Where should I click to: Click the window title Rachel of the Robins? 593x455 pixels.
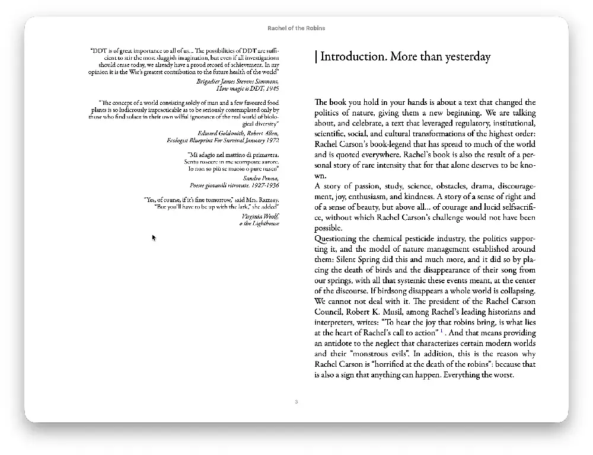(296, 28)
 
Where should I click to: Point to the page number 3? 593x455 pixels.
(296, 402)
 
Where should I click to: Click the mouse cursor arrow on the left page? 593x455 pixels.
(154, 238)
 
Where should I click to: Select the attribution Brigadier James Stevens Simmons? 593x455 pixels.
(238, 81)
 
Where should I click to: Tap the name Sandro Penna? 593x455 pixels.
(261, 178)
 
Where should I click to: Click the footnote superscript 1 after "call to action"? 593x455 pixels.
(442, 331)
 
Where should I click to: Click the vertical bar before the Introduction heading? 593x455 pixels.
(316, 57)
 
